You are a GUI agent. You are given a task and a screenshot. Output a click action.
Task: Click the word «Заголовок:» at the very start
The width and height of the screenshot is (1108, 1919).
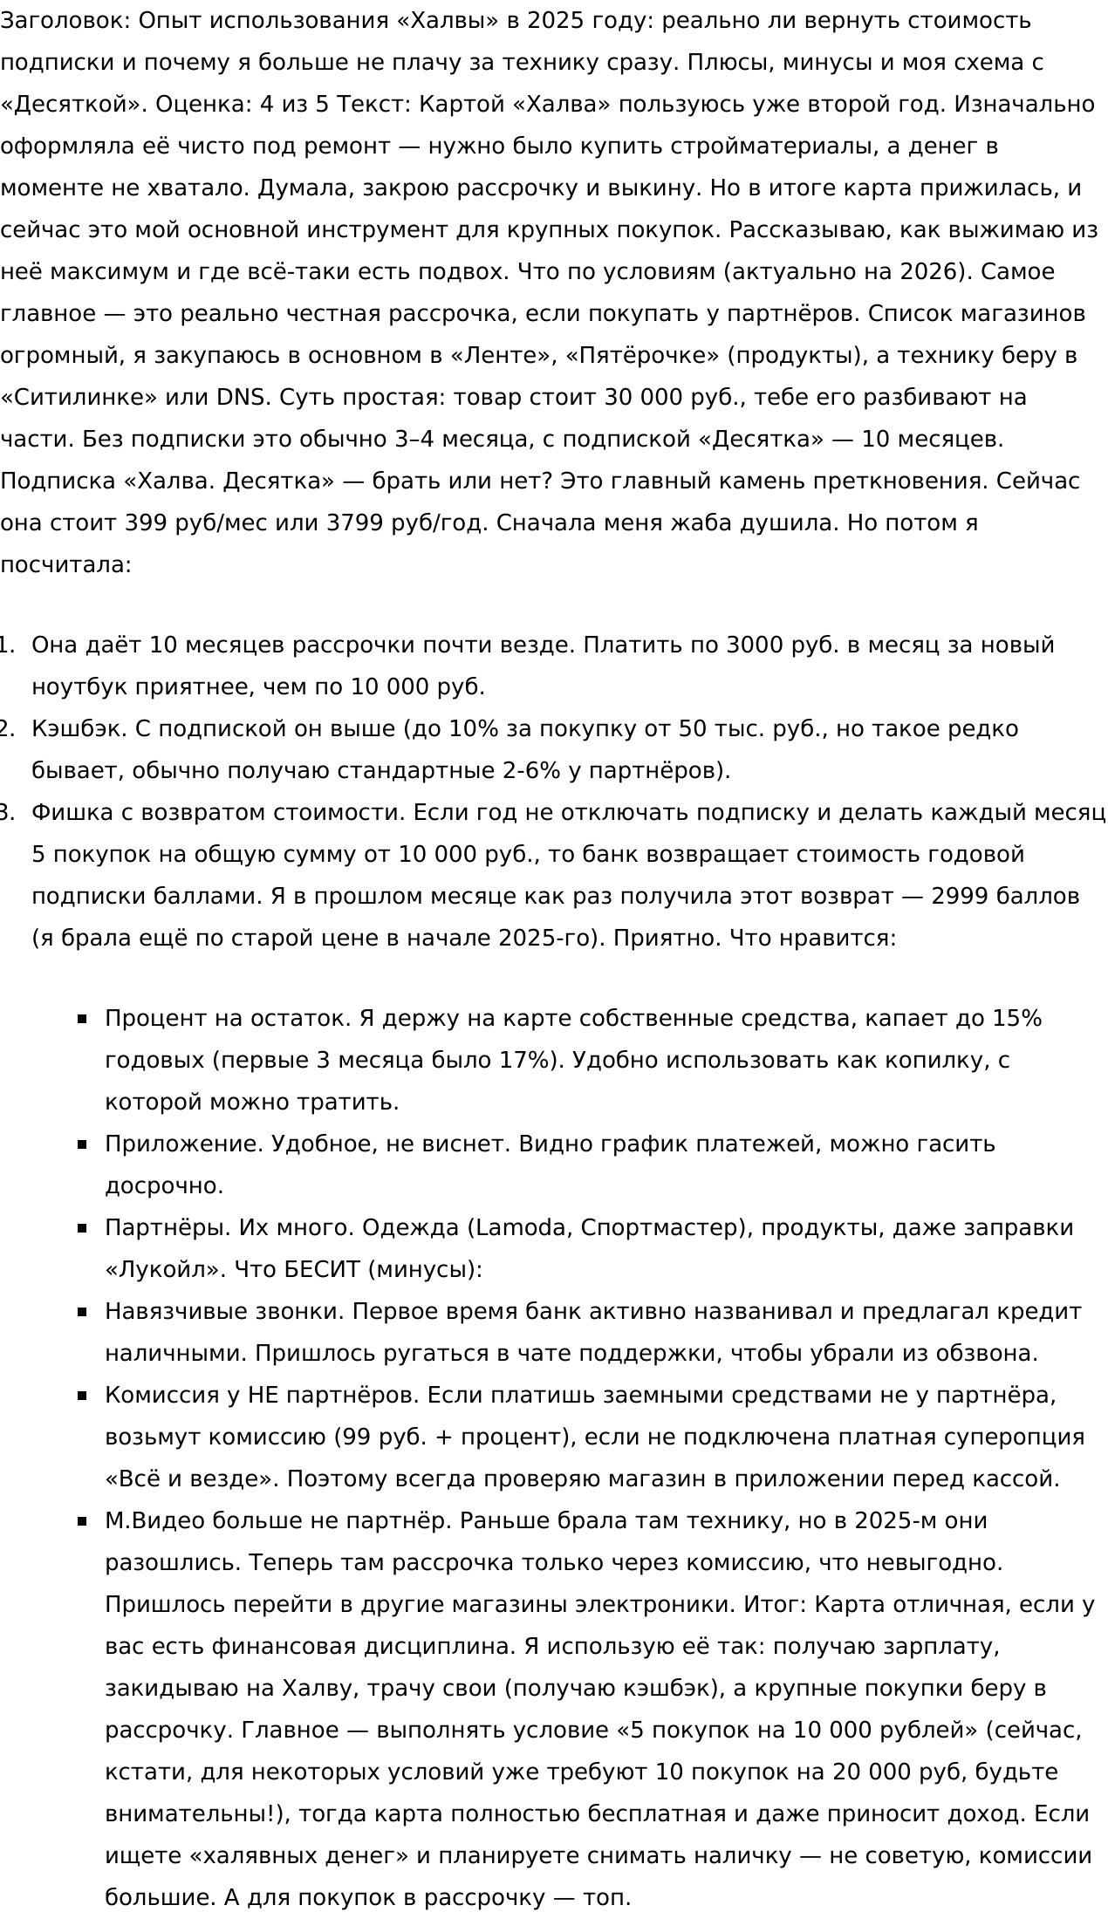[x=65, y=21]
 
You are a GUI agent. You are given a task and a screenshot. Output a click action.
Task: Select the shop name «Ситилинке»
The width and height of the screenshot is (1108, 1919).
[x=79, y=398]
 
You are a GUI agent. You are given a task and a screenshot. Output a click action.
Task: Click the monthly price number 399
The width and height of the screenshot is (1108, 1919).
[x=146, y=523]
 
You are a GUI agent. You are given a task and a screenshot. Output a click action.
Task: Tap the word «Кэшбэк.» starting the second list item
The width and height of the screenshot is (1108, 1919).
[x=79, y=729]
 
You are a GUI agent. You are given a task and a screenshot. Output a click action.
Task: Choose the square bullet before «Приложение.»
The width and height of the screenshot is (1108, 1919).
[x=82, y=1144]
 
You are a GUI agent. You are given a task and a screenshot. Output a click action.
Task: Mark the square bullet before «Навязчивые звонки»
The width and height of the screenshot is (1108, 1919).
[x=82, y=1312]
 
